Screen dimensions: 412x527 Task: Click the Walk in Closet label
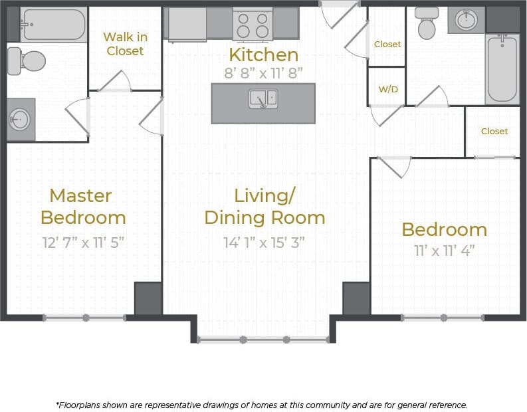pyautogui.click(x=125, y=44)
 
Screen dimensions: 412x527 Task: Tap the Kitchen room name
pyautogui.click(x=263, y=54)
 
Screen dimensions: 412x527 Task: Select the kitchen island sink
pyautogui.click(x=263, y=99)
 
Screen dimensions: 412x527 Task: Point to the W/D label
pyautogui.click(x=387, y=88)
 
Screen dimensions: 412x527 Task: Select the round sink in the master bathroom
pyautogui.click(x=20, y=120)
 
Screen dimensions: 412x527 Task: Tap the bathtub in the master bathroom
pyautogui.click(x=53, y=25)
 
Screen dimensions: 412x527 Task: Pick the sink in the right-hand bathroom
pyautogui.click(x=466, y=20)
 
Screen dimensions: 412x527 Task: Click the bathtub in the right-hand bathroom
pyautogui.click(x=502, y=68)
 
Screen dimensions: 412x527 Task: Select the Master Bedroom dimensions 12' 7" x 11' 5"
pyautogui.click(x=83, y=243)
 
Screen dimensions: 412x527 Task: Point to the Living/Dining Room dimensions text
pyautogui.click(x=264, y=243)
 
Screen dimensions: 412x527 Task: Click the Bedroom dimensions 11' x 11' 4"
pyautogui.click(x=444, y=251)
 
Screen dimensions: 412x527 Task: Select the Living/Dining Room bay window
pyautogui.click(x=264, y=340)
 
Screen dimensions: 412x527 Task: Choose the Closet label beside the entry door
pyautogui.click(x=387, y=44)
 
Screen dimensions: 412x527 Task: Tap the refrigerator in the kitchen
pyautogui.click(x=187, y=24)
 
